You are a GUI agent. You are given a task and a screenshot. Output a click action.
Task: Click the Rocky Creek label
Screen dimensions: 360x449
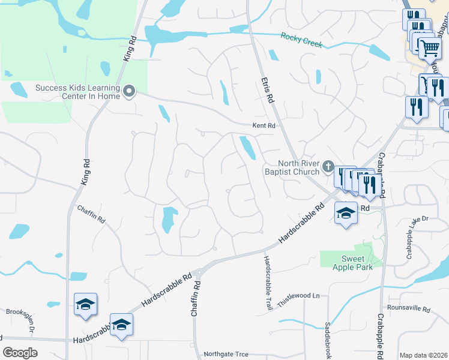[x=301, y=40]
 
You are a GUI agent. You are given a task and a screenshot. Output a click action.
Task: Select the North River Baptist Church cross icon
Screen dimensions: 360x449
[x=328, y=166]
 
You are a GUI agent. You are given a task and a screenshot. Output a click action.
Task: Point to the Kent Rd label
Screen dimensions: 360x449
[x=263, y=126]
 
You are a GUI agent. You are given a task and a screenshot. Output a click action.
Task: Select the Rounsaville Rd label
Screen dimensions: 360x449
[x=409, y=310]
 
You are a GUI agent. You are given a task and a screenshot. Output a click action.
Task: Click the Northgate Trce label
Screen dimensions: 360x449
[x=226, y=354]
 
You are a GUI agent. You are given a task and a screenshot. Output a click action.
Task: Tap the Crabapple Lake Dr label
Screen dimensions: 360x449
[x=425, y=219]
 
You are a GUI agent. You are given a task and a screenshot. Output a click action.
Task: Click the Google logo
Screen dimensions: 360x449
[x=20, y=353]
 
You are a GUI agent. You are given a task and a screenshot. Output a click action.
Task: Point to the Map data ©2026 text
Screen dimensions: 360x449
[x=423, y=355]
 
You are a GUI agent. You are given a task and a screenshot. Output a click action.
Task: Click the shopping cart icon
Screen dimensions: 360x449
[x=429, y=47]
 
